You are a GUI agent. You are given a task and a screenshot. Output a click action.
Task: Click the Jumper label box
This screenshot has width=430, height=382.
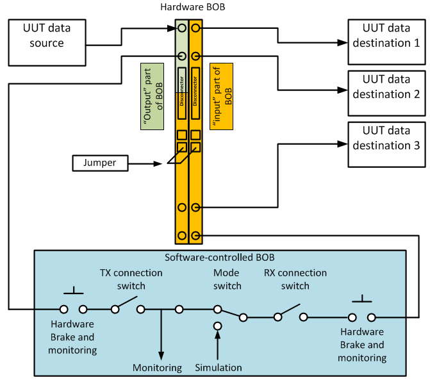click(x=100, y=163)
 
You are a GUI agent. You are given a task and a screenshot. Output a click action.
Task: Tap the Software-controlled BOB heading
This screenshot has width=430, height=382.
click(x=220, y=258)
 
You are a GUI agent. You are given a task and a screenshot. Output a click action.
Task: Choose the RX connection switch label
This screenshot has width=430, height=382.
click(x=295, y=279)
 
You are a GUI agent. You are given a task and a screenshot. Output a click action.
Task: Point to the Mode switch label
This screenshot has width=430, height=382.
click(x=227, y=279)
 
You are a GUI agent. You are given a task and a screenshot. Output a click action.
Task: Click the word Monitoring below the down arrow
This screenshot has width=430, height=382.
click(x=157, y=368)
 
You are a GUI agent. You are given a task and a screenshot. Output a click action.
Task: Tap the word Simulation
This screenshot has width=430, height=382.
click(x=219, y=368)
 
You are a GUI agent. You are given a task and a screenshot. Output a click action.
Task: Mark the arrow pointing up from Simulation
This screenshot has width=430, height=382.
click(x=218, y=346)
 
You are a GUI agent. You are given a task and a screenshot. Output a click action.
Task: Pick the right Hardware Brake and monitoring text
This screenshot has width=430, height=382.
click(x=362, y=345)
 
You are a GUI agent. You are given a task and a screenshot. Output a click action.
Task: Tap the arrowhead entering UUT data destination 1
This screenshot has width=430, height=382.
click(x=343, y=42)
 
